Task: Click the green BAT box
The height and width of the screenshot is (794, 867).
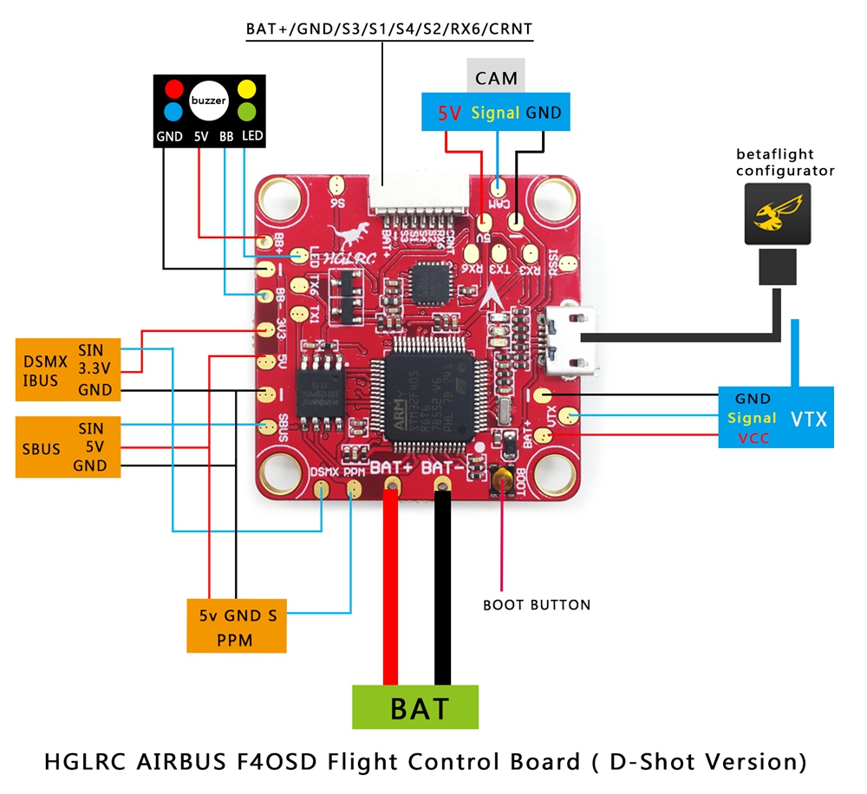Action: [415, 706]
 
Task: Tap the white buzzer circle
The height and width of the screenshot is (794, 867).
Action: [208, 101]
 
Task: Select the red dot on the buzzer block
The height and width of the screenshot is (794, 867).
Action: [174, 88]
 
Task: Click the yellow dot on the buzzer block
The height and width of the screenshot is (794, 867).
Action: [246, 88]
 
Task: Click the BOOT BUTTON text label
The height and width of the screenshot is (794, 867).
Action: [537, 604]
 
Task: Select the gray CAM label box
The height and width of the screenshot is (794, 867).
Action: [496, 78]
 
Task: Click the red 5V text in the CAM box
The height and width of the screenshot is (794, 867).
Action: [449, 113]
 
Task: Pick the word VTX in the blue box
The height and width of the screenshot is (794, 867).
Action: [808, 420]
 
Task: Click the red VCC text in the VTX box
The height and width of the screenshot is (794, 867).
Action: [753, 438]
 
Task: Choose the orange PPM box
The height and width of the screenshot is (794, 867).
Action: [237, 625]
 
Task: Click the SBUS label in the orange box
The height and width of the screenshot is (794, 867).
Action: [41, 448]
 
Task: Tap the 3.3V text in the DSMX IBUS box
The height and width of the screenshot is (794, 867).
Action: [94, 370]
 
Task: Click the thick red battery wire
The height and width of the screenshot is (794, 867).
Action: [392, 589]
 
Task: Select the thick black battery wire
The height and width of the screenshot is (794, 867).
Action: [443, 589]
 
